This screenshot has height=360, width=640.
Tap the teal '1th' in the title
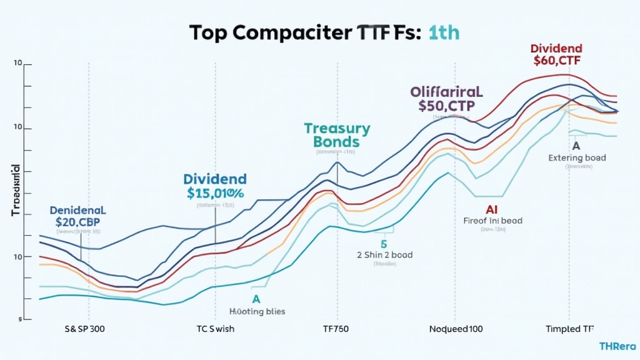point(444,34)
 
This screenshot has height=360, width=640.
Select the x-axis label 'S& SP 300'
point(84,329)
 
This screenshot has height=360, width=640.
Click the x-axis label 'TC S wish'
point(216,329)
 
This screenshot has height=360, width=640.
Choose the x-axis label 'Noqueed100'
point(456,329)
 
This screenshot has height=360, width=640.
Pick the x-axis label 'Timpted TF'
point(570,329)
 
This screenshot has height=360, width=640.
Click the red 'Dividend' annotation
point(556,48)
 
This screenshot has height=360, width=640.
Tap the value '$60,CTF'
point(556,61)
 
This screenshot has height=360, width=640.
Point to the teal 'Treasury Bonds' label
point(337,135)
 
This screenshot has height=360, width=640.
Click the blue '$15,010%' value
point(216,193)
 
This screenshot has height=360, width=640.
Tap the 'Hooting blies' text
point(256,311)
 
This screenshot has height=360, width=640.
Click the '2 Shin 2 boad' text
point(385,255)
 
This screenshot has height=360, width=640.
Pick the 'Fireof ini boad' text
point(492,221)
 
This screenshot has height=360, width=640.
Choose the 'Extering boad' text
point(577,158)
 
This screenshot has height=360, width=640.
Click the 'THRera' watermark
point(617,346)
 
